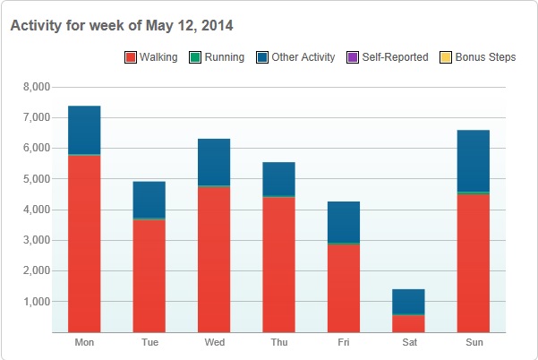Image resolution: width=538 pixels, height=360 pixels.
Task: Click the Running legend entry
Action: click(x=218, y=57)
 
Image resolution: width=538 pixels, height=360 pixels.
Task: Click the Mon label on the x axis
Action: click(x=84, y=343)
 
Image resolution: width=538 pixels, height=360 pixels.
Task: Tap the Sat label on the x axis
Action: click(x=409, y=343)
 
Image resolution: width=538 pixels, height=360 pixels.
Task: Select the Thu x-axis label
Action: click(x=279, y=343)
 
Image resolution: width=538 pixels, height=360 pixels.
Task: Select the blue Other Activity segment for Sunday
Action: click(x=474, y=161)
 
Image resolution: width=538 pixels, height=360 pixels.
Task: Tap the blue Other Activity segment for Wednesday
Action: click(x=214, y=162)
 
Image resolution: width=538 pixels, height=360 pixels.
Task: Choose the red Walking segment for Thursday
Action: click(x=279, y=264)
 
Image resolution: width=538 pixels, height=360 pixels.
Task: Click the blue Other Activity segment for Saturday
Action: click(x=409, y=301)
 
